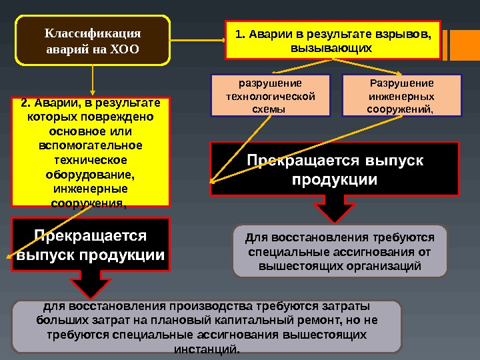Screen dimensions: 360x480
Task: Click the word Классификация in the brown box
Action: [93, 33]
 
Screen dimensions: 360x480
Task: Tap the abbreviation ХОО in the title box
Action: [127, 49]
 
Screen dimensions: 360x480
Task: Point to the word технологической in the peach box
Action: [271, 96]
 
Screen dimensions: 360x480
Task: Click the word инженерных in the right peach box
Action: [401, 96]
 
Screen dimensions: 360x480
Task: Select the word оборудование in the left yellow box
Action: [90, 175]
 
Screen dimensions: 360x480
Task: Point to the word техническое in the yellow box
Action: [91, 161]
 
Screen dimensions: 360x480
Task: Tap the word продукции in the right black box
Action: [335, 180]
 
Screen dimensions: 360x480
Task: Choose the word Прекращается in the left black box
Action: [91, 236]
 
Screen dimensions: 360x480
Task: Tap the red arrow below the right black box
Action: [335, 209]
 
